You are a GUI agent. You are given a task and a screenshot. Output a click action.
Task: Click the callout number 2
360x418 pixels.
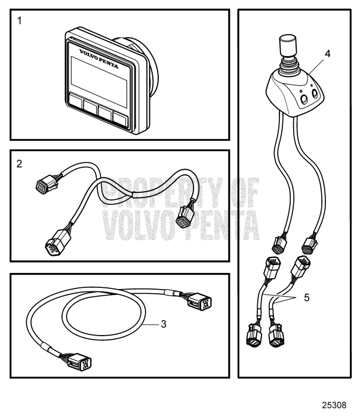click(x=20, y=162)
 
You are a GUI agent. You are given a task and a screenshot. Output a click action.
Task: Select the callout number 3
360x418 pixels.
click(x=162, y=324)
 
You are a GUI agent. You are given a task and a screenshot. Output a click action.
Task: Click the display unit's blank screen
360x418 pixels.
click(x=98, y=70)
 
